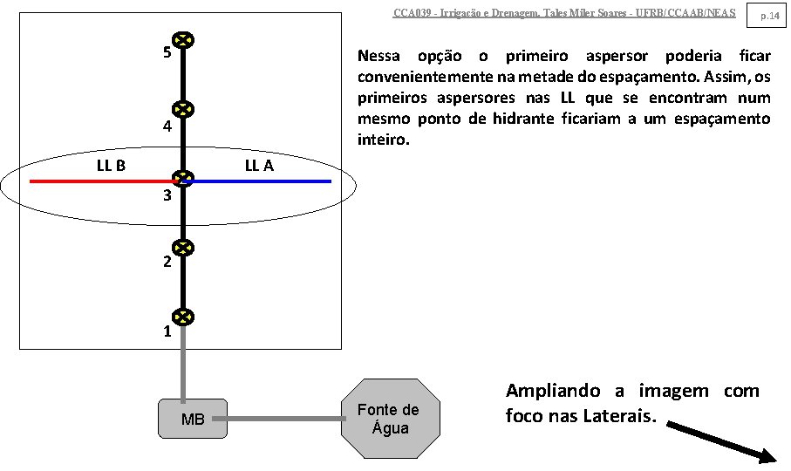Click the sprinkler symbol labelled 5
183,40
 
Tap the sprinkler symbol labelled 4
183,110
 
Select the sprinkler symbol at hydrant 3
183,179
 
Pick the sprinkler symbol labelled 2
183,249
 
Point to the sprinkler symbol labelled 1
183,317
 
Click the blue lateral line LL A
262,181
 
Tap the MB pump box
193,419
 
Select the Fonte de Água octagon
389,418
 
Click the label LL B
111,164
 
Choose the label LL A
258,164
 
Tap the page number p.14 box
768,14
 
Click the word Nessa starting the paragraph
379,56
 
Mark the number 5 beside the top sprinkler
167,52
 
